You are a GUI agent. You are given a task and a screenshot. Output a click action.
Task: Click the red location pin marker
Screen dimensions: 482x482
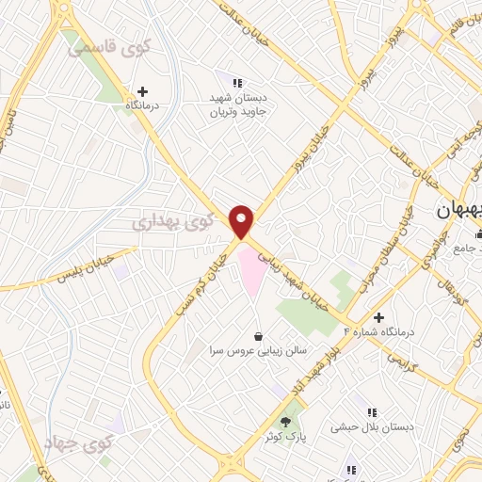[x=243, y=221]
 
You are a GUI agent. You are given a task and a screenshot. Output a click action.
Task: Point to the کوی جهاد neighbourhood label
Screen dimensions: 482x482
[x=78, y=442]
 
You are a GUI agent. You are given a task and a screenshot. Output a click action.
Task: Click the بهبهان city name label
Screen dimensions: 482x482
[x=458, y=213]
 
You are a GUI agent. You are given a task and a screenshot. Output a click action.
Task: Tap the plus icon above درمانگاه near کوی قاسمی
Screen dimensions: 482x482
[x=142, y=92]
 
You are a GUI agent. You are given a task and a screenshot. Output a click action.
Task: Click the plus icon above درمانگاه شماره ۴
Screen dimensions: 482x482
[x=378, y=317]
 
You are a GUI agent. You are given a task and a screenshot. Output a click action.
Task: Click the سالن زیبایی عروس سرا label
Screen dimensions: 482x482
[x=259, y=351]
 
